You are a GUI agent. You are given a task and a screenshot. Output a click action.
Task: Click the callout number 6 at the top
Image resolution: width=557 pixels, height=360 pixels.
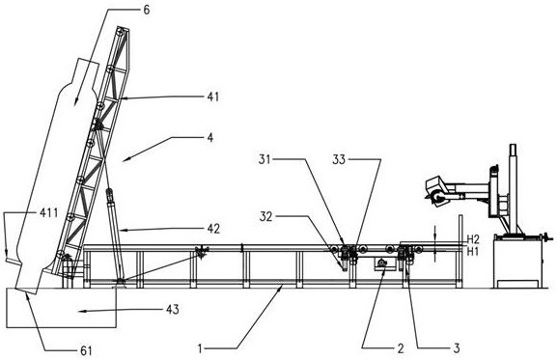coord(147,10)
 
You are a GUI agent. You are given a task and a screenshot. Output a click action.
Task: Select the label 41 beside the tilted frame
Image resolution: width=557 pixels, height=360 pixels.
coord(213,97)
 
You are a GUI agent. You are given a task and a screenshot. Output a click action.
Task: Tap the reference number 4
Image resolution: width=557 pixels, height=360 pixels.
coord(210,137)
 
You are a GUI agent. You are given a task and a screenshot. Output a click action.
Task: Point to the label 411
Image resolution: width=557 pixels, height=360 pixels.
coord(48,213)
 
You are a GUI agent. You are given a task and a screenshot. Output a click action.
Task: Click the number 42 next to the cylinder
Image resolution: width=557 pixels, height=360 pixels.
coord(213,229)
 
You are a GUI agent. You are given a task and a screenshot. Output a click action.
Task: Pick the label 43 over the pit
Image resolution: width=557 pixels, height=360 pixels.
coord(173,310)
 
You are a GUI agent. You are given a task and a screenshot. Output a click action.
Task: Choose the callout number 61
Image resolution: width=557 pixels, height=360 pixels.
coord(86,351)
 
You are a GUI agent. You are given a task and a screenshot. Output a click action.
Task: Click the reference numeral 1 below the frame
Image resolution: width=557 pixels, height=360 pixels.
coord(200,349)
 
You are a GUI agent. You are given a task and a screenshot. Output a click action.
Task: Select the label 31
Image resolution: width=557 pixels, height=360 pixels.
coord(265,160)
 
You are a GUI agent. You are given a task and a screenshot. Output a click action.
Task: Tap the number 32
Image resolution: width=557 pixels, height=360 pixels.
coord(266,216)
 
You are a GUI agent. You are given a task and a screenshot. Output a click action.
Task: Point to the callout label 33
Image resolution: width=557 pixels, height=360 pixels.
coord(339,160)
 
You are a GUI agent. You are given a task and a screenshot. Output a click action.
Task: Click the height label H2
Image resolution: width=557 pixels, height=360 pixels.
coord(473,239)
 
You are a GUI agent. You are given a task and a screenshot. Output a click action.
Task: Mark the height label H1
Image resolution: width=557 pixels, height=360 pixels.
coord(472,252)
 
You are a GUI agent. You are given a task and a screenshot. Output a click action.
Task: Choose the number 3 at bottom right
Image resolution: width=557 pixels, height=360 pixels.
coord(457,348)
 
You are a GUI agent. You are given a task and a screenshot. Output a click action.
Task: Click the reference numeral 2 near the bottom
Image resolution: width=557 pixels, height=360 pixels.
coord(401,348)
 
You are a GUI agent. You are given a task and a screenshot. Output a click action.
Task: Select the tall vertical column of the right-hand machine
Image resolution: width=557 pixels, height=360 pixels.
coord(513,189)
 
